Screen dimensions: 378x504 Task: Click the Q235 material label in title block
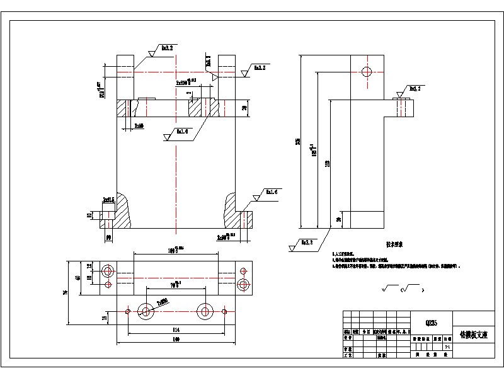[432, 323]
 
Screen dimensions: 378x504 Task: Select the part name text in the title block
[473, 337]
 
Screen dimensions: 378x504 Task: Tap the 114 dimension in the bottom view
[175, 329]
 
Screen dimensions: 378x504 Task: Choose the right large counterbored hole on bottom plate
[204, 311]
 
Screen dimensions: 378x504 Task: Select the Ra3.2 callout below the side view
[306, 242]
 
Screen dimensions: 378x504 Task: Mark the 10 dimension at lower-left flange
[89, 214]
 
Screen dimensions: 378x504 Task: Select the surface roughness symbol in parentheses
[410, 289]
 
